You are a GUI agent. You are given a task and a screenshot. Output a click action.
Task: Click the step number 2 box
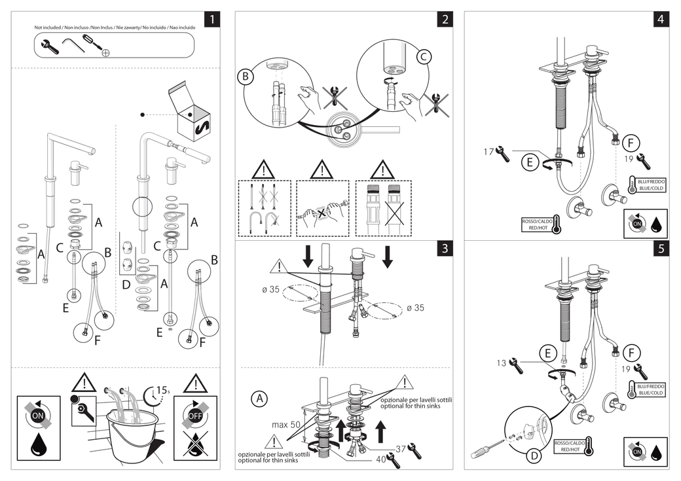pyautogui.click(x=445, y=19)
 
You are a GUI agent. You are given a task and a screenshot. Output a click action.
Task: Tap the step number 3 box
pyautogui.click(x=445, y=248)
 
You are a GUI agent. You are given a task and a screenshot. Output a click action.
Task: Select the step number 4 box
pyautogui.click(x=660, y=19)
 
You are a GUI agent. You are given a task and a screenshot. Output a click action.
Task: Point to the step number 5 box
pyautogui.click(x=660, y=248)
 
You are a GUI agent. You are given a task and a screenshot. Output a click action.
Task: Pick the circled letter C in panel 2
pyautogui.click(x=424, y=57)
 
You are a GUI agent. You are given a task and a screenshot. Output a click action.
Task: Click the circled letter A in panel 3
pyautogui.click(x=259, y=399)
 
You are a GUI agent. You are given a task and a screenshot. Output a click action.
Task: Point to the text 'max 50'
pyautogui.click(x=286, y=425)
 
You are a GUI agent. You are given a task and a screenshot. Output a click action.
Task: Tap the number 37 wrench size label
pyautogui.click(x=400, y=448)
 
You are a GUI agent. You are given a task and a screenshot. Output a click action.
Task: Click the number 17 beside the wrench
pyautogui.click(x=488, y=152)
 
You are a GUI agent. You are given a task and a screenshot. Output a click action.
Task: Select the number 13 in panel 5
pyautogui.click(x=501, y=363)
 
